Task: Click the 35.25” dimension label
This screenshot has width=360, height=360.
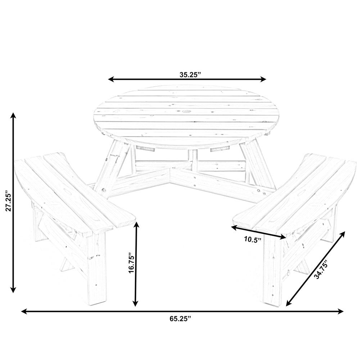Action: coord(190,75)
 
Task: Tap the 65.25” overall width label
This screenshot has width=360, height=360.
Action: coord(180,318)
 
